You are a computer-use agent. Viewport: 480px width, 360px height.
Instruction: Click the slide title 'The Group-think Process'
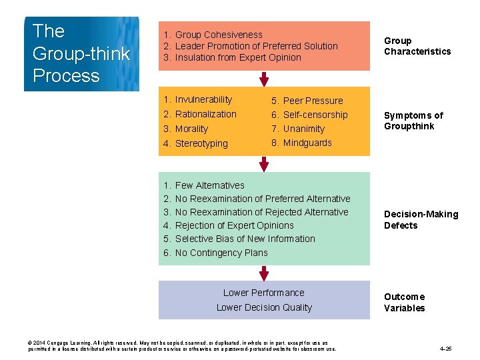click(81, 53)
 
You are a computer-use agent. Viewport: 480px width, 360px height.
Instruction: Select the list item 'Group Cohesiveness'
click(219, 35)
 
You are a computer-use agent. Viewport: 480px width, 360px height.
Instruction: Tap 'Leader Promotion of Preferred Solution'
click(256, 46)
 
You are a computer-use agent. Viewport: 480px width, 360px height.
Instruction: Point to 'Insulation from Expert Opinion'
click(238, 57)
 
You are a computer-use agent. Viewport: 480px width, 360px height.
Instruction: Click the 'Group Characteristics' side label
click(417, 46)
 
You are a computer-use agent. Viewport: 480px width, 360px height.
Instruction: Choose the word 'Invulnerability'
click(203, 99)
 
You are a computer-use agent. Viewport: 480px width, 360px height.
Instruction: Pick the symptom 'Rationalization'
click(205, 114)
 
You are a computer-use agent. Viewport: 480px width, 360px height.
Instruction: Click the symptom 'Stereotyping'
click(201, 143)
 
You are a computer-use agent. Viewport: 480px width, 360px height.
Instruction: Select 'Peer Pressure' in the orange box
click(313, 101)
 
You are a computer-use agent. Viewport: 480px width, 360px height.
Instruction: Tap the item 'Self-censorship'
click(315, 115)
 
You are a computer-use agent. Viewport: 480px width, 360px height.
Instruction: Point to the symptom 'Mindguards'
click(307, 143)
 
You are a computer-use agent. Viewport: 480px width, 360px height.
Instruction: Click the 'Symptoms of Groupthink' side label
click(413, 121)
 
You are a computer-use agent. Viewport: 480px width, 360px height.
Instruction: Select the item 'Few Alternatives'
click(209, 185)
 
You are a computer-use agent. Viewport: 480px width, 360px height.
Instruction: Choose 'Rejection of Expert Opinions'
click(234, 225)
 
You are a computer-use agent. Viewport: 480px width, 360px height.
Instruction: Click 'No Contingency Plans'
click(221, 253)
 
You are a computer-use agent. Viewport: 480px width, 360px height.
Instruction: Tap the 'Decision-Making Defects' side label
click(421, 219)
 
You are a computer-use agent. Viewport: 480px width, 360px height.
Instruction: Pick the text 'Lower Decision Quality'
click(264, 307)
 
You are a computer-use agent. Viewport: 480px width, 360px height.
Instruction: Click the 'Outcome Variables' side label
click(404, 302)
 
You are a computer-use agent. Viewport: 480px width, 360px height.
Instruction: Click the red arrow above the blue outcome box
click(264, 273)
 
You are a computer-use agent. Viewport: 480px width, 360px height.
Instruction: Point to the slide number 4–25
click(446, 348)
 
